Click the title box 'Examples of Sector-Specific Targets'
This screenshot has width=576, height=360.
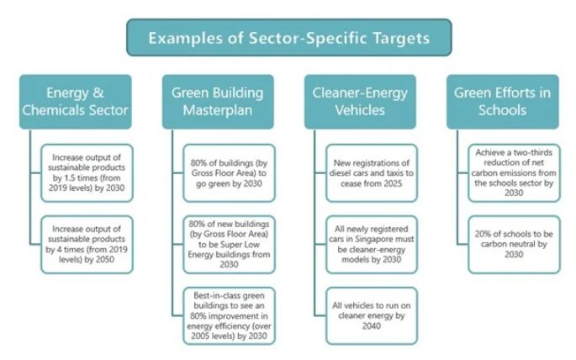(x=288, y=38)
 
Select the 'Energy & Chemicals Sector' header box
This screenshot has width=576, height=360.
(x=76, y=101)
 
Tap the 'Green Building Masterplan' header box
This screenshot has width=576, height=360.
(x=218, y=101)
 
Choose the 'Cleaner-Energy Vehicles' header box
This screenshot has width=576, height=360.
(x=360, y=101)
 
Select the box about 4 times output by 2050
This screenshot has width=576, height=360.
(x=87, y=242)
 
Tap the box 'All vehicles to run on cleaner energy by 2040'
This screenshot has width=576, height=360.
(x=371, y=314)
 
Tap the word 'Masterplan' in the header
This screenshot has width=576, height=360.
(x=218, y=110)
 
